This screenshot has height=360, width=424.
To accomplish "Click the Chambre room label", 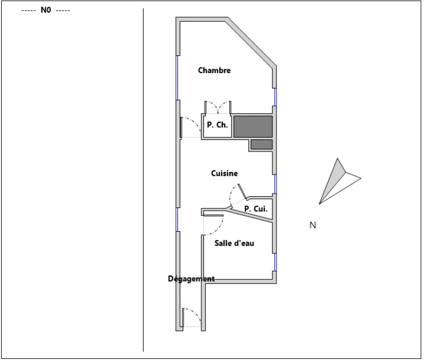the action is point(214,70).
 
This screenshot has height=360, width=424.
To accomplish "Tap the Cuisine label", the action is point(224,173).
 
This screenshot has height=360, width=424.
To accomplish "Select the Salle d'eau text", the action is point(234,243).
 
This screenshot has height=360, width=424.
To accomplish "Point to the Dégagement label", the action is point(191,279).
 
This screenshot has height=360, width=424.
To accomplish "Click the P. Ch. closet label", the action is point(217,124).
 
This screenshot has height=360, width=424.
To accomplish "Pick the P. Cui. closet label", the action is point(256,209).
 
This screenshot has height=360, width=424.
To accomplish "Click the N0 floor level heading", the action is point(46,10).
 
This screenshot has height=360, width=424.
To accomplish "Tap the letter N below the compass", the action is point(312,225).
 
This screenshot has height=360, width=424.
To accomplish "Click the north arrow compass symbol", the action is point(340,181).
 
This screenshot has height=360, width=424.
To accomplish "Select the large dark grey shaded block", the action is point(253,127).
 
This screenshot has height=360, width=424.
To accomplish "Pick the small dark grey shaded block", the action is point(261,144).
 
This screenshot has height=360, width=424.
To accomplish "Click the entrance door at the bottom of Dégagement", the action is point(191,318).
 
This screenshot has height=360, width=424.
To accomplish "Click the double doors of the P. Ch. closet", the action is point(218,107).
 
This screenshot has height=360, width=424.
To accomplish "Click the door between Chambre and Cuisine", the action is point(191,127).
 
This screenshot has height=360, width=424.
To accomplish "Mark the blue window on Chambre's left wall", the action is point(177,78).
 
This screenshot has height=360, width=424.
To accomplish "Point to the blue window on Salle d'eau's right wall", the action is point(275,262).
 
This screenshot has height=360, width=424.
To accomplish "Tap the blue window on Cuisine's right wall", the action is point(275,184).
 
